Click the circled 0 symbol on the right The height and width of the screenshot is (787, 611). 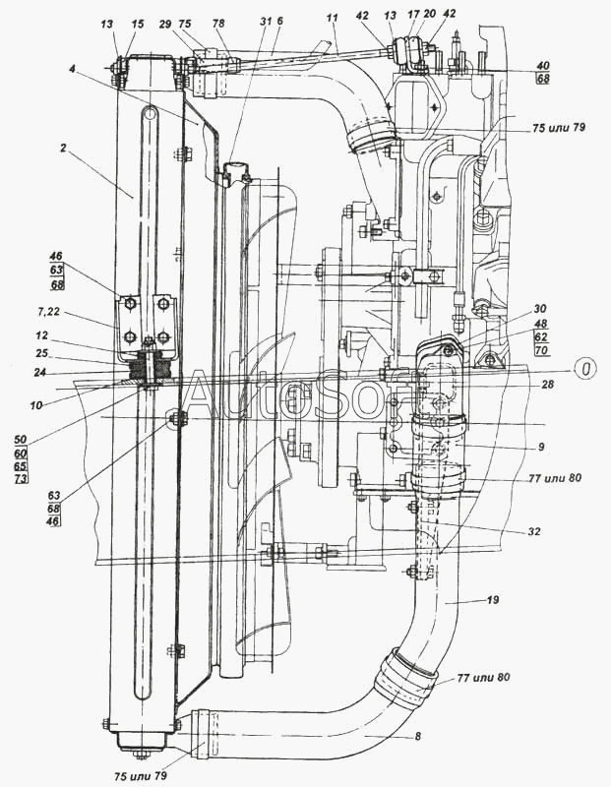585,369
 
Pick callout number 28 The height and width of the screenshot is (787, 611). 548,387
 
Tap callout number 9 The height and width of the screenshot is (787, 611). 540,446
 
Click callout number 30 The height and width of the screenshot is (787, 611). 539,307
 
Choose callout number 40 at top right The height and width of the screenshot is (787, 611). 542,66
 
